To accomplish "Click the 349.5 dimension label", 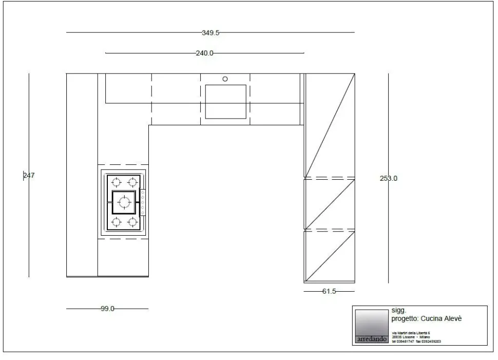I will tap(210, 32).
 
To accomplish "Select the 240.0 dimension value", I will tap(204, 53).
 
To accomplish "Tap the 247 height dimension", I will tap(29, 176).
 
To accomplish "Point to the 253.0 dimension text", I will tap(389, 179).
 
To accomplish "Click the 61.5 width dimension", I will tap(329, 291).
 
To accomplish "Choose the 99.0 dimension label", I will tap(108, 309).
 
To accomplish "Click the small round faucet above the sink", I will tap(225, 79).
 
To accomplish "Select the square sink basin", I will tap(225, 102).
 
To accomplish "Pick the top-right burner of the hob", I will tap(132, 182).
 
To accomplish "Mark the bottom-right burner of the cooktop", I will tap(132, 222).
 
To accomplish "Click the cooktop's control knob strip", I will tap(143, 202).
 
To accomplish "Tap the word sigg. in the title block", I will tap(398, 311).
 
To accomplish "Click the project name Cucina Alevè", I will tap(442, 318).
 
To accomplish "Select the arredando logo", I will tap(371, 339).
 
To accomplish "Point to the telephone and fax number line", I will tap(416, 341).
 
